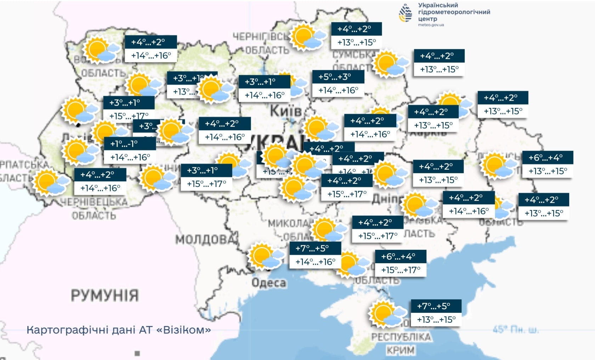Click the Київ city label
[x=285, y=111]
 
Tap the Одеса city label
[x=269, y=283]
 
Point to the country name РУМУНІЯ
[x=104, y=295]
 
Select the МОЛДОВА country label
[x=205, y=240]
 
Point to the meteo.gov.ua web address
[x=431, y=25]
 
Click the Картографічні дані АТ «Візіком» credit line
[x=119, y=330]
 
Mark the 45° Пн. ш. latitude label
[x=516, y=330]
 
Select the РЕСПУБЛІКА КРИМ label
[x=401, y=343]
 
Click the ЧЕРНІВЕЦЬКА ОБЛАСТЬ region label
[x=94, y=208]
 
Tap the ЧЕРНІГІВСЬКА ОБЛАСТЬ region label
[x=261, y=43]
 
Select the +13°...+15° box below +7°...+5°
[x=436, y=320]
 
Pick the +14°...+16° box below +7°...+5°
[x=315, y=262]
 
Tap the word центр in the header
[x=427, y=19]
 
